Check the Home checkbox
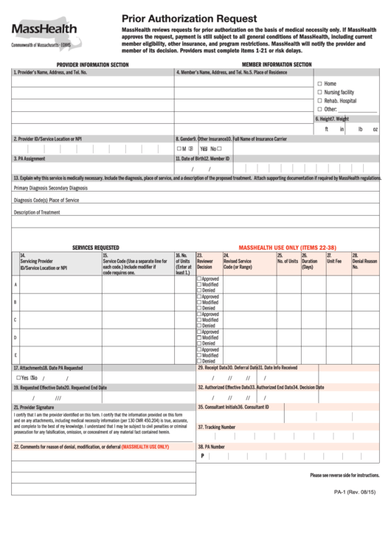(319, 84)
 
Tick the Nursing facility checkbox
(319, 92)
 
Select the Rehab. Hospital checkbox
(319, 100)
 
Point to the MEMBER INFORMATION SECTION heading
(277, 65)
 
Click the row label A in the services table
(15, 284)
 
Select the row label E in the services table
(15, 355)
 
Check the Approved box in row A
(198, 279)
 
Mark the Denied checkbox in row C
(198, 326)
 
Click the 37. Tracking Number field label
(216, 427)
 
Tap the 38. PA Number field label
(211, 447)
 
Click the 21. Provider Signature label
(34, 407)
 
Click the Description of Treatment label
(37, 212)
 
